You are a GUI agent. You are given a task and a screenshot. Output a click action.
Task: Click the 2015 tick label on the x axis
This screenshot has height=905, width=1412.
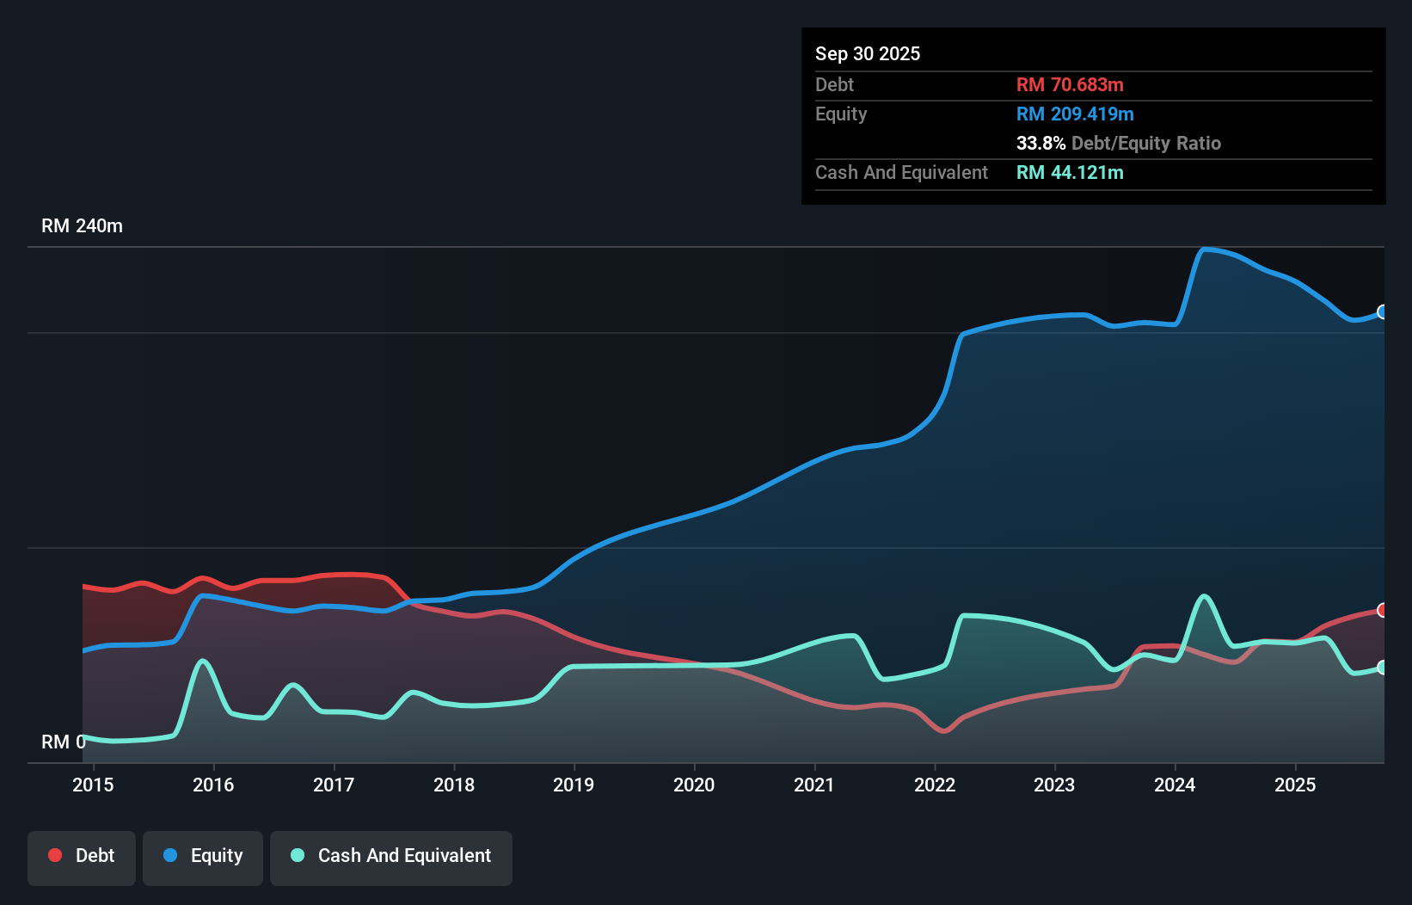click(93, 785)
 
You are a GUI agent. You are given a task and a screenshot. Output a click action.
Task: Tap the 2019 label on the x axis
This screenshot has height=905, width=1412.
click(574, 785)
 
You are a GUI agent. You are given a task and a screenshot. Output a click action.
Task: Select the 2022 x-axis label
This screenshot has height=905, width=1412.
click(935, 785)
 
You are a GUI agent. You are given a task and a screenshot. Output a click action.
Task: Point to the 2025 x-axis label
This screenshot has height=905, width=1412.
click(1295, 785)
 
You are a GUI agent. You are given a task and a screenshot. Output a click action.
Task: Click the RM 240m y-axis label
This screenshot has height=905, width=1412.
click(82, 226)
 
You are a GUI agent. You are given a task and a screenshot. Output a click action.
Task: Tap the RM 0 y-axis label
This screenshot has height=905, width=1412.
click(63, 742)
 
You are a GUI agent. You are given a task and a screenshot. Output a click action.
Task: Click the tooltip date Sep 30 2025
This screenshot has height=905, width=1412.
click(868, 53)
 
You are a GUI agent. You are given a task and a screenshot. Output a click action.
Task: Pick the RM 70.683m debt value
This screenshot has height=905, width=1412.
click(1070, 84)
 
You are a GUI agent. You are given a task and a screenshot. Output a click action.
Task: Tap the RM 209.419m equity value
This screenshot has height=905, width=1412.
click(1075, 114)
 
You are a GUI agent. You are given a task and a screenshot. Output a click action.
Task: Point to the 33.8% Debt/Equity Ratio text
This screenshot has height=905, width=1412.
click(1118, 143)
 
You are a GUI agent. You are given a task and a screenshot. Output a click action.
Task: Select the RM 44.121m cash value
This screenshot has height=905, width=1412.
click(1070, 172)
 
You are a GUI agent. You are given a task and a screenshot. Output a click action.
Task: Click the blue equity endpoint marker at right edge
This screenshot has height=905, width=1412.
click(1382, 311)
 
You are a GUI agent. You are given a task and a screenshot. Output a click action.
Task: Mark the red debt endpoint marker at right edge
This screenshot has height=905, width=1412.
click(1382, 610)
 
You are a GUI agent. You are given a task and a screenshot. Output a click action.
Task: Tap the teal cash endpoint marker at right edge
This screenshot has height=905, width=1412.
click(1382, 668)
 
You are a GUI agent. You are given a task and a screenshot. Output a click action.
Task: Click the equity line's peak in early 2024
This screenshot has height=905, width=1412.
click(1204, 249)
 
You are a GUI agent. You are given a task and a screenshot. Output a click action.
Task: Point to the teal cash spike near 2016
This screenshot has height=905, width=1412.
click(203, 661)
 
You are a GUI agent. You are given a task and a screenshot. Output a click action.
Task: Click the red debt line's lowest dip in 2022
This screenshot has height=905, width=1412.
click(944, 731)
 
